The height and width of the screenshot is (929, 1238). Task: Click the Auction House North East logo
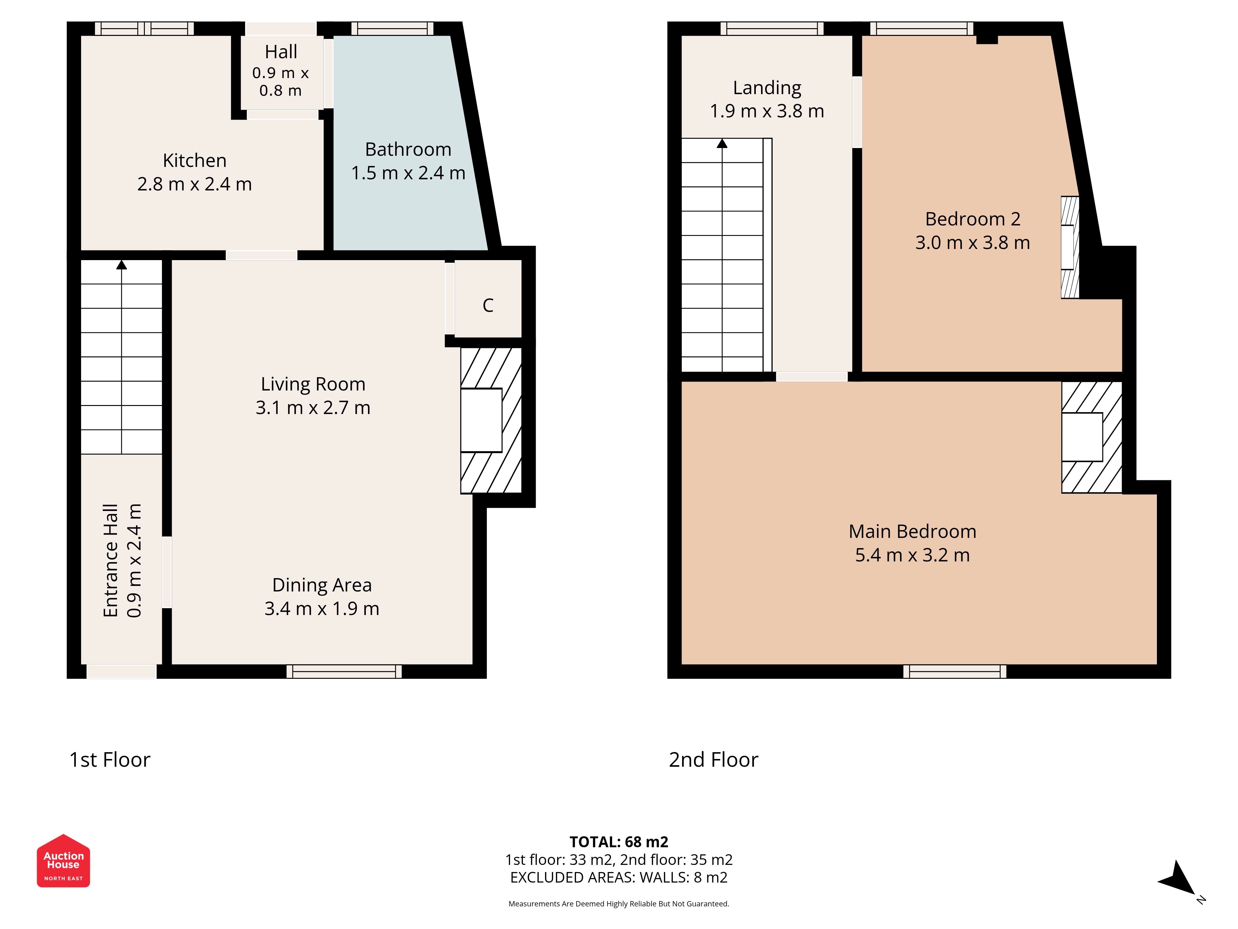coord(63,860)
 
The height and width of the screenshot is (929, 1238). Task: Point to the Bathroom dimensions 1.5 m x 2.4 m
coord(408,173)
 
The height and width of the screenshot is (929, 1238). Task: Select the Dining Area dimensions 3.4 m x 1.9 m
coord(322,609)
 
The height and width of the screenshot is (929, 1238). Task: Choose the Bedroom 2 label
coord(973,219)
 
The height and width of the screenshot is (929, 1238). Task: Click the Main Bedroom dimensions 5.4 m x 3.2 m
coord(912,555)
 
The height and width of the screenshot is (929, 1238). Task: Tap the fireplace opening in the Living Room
coord(481,420)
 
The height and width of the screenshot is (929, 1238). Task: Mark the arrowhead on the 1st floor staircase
coord(121,264)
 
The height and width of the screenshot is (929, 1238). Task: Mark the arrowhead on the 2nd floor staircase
coord(722,143)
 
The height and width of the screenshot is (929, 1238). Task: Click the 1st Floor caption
coord(110,760)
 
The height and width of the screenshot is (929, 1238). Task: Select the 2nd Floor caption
coord(714,760)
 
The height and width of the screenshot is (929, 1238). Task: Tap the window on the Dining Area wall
coord(344,671)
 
